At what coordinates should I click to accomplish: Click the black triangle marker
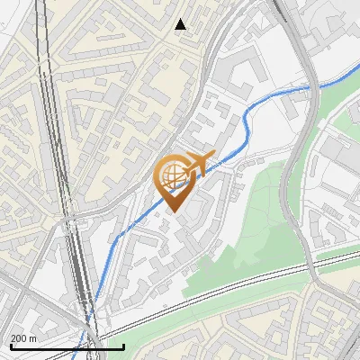[181, 24]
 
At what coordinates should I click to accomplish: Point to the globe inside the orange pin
[172, 174]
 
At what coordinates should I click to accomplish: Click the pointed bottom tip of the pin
[175, 212]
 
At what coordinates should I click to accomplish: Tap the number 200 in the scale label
[20, 338]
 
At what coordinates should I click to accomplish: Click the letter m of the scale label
[32, 338]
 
